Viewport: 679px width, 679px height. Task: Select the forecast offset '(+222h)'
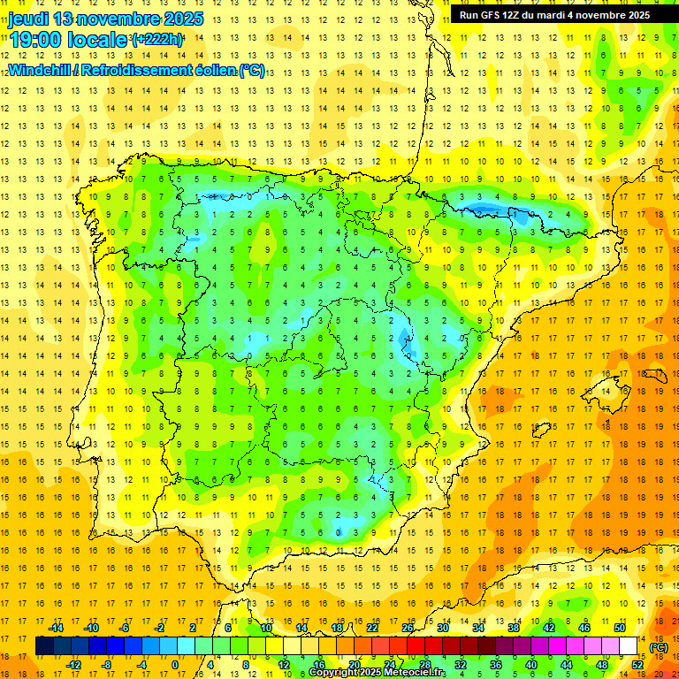pos(156,39)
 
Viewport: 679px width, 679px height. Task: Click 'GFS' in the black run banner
pos(487,15)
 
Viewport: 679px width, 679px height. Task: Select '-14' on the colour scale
pos(57,628)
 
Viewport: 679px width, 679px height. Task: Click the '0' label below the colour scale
pos(175,664)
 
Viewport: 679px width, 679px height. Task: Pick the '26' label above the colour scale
pos(408,628)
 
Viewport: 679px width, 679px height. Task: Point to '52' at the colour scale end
pos(637,664)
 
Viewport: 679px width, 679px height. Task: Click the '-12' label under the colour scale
pos(74,664)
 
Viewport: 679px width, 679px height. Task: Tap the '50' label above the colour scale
pos(620,628)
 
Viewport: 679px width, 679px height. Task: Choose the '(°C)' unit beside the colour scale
pos(659,646)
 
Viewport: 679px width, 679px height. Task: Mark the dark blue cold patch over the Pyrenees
pos(484,210)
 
